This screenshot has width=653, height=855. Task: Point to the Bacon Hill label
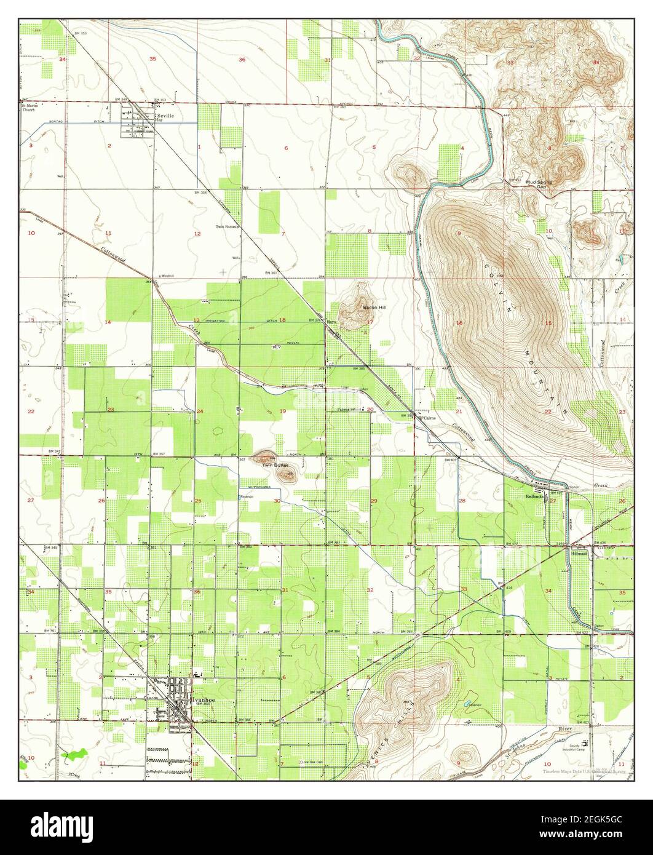374,306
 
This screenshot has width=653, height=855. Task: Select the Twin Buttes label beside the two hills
275,465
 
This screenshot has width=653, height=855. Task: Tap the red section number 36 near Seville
242,59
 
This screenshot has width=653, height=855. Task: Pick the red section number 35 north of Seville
152,58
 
